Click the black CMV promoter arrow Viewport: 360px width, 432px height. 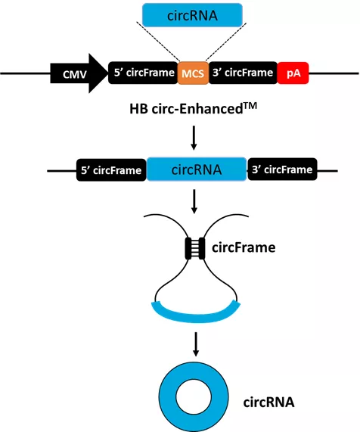(x=79, y=73)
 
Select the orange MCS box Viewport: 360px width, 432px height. (x=193, y=73)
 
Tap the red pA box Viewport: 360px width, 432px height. (x=293, y=73)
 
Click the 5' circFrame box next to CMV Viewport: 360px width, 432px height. (x=143, y=73)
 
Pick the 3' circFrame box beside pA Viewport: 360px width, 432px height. (x=243, y=73)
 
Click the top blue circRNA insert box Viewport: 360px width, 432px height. (x=192, y=15)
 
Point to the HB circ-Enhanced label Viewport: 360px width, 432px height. (x=194, y=109)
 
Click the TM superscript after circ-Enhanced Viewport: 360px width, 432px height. (x=250, y=105)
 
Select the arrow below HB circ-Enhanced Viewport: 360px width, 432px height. (x=194, y=138)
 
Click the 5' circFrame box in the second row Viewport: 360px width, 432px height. (x=111, y=170)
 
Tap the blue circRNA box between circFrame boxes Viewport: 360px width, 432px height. (x=197, y=169)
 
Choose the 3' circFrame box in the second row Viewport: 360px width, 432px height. (x=282, y=169)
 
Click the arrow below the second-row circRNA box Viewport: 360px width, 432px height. (x=194, y=201)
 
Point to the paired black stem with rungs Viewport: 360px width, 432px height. (x=195, y=248)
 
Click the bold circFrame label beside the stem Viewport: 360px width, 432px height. (x=244, y=247)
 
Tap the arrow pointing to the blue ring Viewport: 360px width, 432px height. (x=196, y=344)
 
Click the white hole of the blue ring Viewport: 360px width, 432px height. (x=194, y=397)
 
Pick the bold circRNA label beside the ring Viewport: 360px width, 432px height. (x=268, y=402)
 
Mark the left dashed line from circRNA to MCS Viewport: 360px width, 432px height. (x=158, y=42)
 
